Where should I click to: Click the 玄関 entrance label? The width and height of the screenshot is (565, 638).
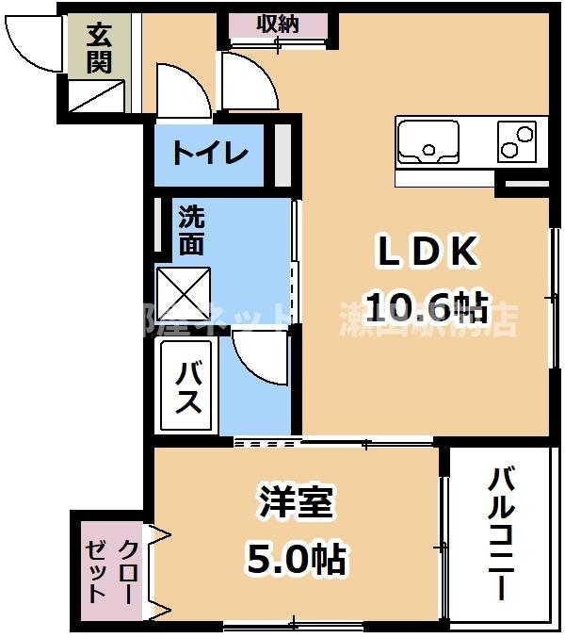click(x=99, y=49)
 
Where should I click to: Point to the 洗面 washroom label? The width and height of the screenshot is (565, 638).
click(x=191, y=231)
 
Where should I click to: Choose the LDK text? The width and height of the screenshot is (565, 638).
click(x=428, y=253)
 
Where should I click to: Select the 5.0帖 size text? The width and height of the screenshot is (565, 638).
click(x=296, y=562)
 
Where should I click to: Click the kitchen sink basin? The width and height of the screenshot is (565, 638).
click(x=429, y=141)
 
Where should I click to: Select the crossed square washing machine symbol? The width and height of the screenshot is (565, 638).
click(x=184, y=294)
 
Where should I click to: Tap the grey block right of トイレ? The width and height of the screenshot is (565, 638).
click(x=282, y=154)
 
